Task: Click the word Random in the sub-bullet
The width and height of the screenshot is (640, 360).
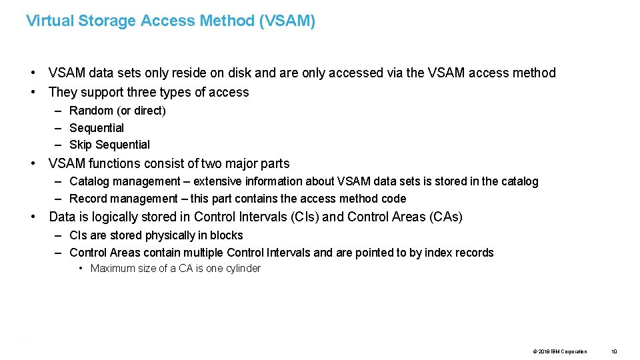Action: [91, 111]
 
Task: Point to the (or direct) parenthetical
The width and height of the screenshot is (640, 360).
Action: [141, 111]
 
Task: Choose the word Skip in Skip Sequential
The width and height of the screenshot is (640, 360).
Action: [81, 145]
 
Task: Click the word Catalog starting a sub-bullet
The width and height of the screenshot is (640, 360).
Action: [90, 181]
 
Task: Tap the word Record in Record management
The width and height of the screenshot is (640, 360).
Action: [87, 199]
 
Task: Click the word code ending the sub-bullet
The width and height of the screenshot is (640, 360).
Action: [393, 199]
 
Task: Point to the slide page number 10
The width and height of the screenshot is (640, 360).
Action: [614, 351]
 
